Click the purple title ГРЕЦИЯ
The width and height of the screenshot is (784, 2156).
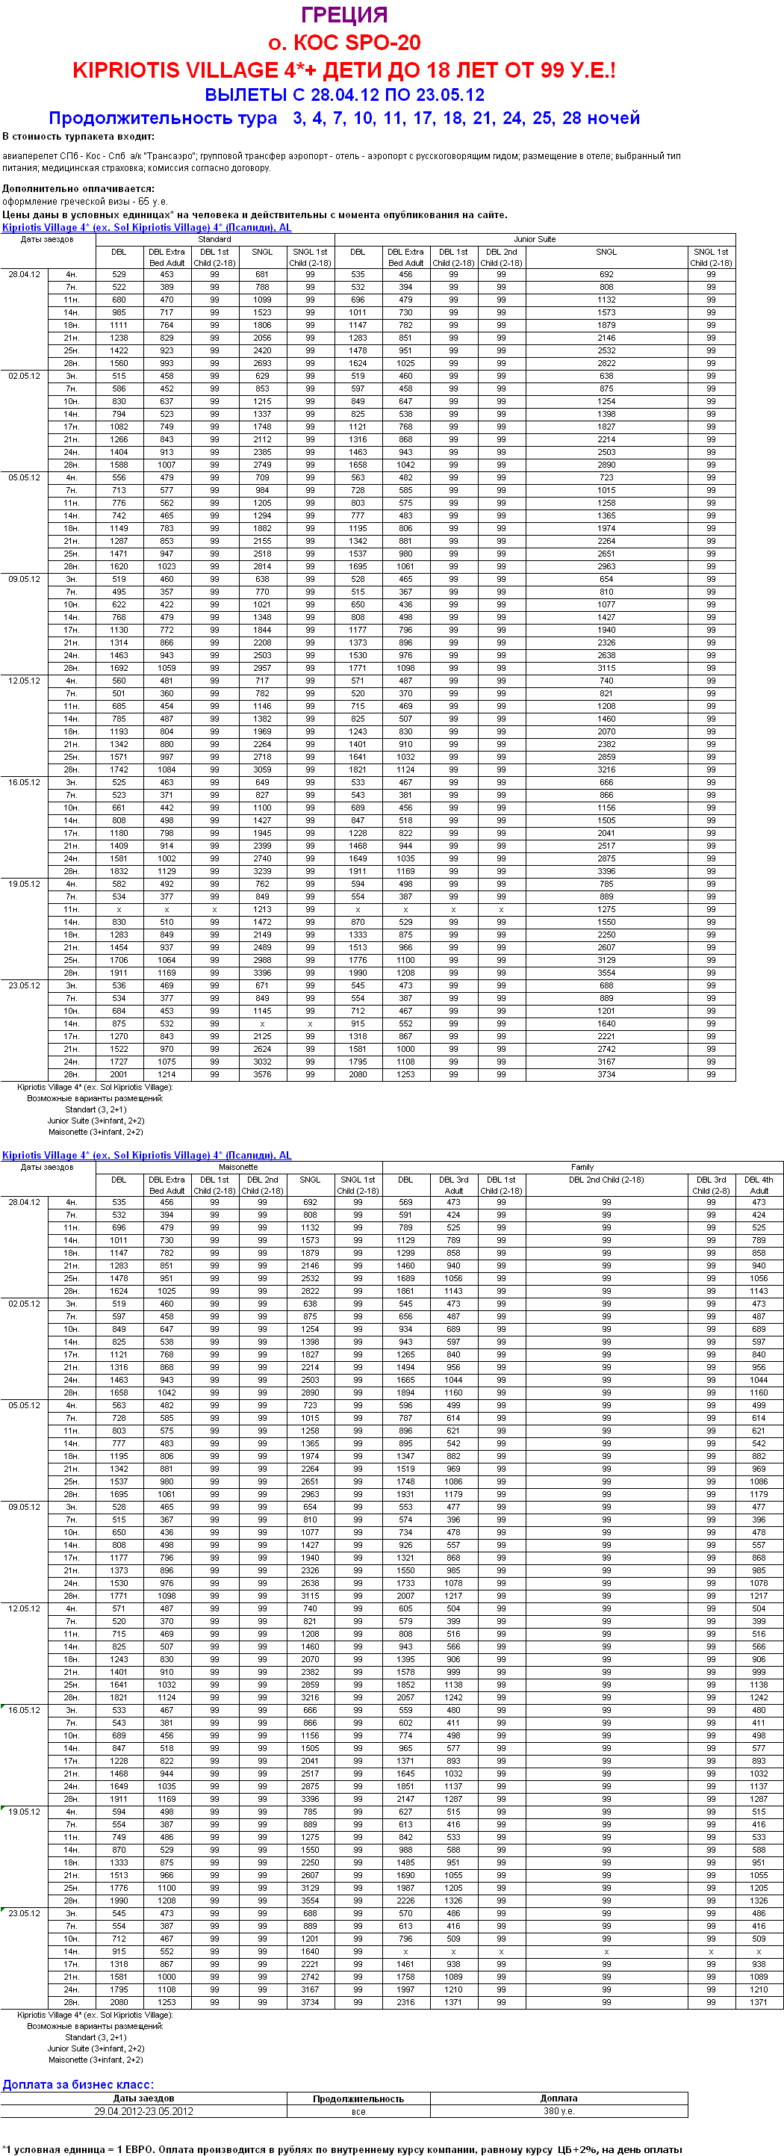[344, 15]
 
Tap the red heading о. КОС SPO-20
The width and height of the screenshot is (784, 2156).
[344, 43]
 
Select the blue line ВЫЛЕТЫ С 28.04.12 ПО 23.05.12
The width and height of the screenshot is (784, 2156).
[344, 95]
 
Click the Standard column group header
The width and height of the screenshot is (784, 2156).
[214, 239]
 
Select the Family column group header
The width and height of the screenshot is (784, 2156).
[582, 1167]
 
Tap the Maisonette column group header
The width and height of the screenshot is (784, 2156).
[237, 1167]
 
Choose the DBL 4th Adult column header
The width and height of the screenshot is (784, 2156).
[758, 1185]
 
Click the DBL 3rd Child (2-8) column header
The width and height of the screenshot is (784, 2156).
[710, 1185]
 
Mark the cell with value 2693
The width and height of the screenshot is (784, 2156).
[262, 363]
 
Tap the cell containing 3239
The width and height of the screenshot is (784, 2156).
[262, 871]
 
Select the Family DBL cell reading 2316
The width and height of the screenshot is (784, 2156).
[405, 2002]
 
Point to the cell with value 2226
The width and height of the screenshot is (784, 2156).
[405, 1901]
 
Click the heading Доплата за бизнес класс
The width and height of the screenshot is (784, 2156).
[78, 2084]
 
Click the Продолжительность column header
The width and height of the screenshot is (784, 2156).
[358, 2098]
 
